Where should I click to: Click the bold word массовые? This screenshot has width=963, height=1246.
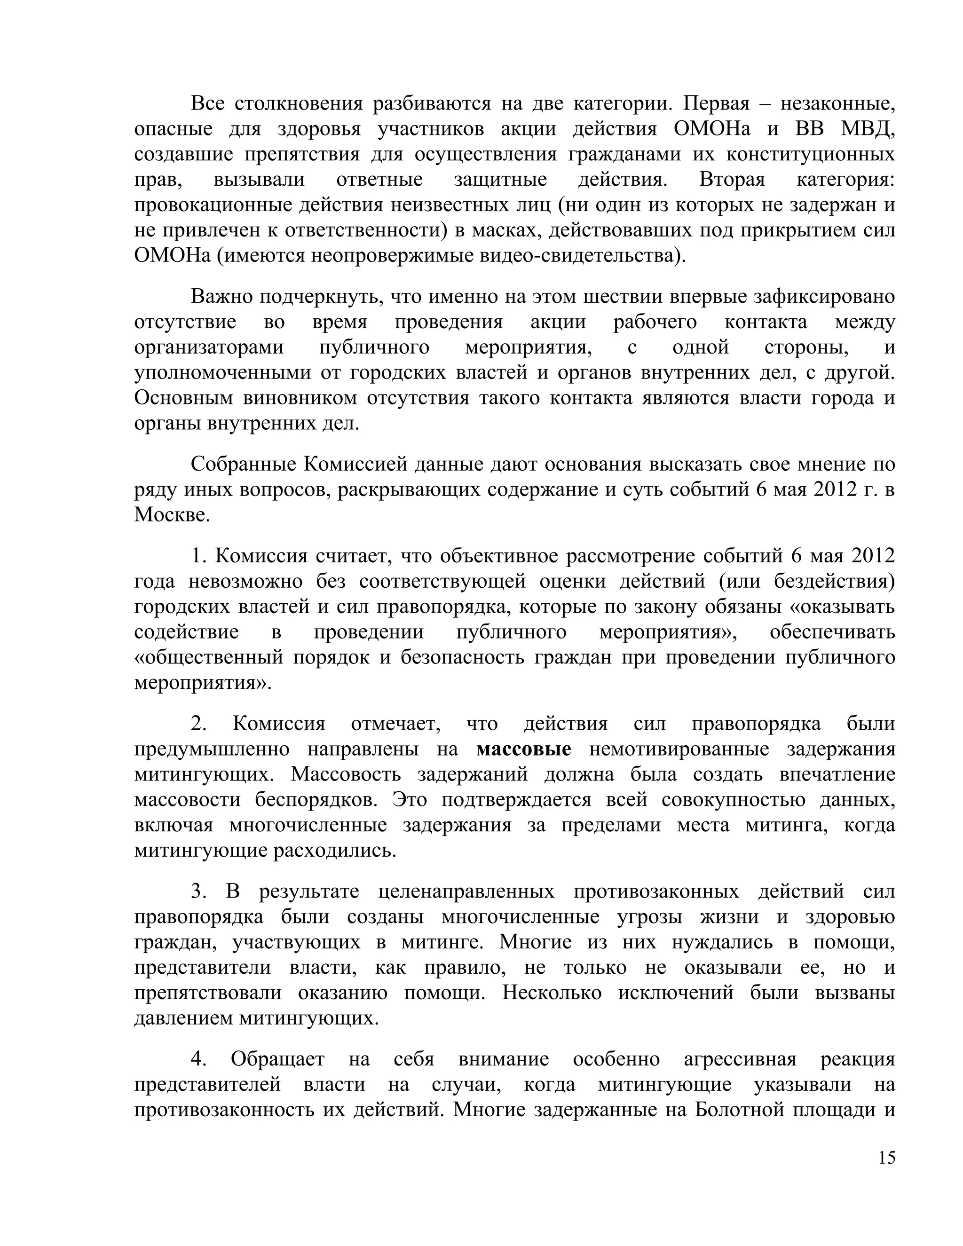523,749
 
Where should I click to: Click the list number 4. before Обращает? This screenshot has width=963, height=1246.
197,1059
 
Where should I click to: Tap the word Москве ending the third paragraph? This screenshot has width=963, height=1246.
172,515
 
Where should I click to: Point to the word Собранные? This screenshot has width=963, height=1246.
243,465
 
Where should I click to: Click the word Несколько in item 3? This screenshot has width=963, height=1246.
552,992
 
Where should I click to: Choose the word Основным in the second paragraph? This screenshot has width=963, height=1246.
180,398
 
